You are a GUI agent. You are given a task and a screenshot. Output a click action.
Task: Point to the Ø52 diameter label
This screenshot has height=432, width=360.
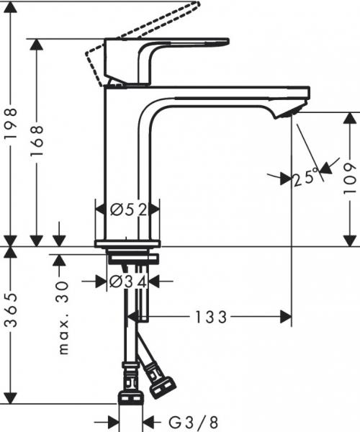[x=128, y=210]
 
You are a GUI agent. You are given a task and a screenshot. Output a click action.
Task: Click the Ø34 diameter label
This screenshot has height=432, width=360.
[x=128, y=282]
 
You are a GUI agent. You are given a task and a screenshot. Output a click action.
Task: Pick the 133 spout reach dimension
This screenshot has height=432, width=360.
[x=210, y=316]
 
